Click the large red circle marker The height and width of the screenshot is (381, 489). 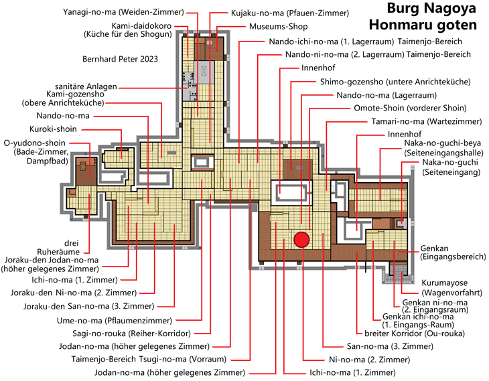(301, 240)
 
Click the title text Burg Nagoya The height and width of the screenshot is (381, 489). (431, 9)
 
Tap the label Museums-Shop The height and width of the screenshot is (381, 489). (278, 27)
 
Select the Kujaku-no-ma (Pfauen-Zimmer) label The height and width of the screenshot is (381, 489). (290, 13)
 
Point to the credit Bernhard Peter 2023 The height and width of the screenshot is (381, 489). (120, 59)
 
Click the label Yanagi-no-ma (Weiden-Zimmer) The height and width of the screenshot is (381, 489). (123, 12)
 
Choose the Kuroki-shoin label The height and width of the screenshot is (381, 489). (53, 129)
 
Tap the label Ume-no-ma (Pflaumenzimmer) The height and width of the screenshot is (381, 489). (115, 321)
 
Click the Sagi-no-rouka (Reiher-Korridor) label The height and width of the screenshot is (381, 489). (131, 333)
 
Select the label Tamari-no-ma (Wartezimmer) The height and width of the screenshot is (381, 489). (426, 121)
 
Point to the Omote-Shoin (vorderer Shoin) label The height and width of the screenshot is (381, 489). (410, 108)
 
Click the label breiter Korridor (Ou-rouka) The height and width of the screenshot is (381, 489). (415, 333)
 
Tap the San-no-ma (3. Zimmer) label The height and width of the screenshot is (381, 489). (390, 346)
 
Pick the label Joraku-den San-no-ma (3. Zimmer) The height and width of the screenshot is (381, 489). (88, 307)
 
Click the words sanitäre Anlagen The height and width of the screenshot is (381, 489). (86, 86)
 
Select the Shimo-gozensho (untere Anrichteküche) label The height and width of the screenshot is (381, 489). (395, 82)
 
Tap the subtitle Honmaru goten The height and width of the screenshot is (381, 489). (423, 25)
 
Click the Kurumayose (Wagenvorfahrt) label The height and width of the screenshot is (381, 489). (451, 288)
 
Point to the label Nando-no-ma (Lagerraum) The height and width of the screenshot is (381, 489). (387, 95)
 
